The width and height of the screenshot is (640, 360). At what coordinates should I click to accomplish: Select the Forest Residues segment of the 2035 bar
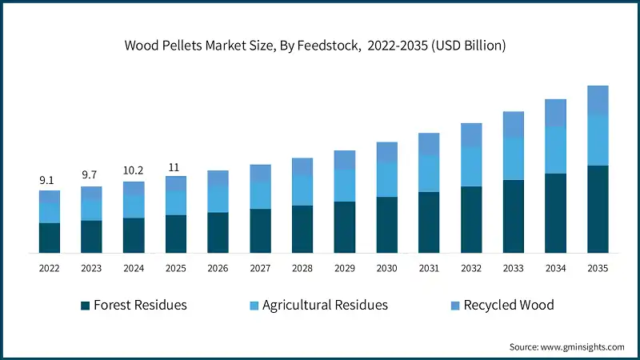point(598,209)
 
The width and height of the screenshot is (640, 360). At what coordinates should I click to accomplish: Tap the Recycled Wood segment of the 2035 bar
point(598,99)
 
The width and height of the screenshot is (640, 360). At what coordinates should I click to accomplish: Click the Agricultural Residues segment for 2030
point(387,179)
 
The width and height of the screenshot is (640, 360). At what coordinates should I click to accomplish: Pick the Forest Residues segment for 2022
point(50,238)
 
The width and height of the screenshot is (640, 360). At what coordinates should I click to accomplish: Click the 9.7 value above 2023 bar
point(91,174)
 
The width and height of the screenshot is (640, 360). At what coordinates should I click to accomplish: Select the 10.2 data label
point(134,170)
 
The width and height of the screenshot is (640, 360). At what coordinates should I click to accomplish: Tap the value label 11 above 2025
point(175,166)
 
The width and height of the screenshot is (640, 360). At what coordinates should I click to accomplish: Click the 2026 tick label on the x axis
point(218,270)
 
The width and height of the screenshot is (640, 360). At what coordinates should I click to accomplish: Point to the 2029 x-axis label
point(344,270)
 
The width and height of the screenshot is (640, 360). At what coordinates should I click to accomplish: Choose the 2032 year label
point(471,270)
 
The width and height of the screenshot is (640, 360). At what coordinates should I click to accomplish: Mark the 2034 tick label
point(555,270)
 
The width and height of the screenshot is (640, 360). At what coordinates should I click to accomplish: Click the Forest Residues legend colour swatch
point(85,306)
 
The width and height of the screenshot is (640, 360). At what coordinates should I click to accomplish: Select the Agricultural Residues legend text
point(326,305)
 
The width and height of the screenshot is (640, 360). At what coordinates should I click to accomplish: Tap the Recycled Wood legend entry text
point(508,305)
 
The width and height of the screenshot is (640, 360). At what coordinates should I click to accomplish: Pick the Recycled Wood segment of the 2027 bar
point(260,173)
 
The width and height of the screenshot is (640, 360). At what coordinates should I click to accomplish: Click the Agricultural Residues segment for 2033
point(513,158)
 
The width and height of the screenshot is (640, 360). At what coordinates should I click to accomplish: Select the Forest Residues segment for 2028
point(302,229)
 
